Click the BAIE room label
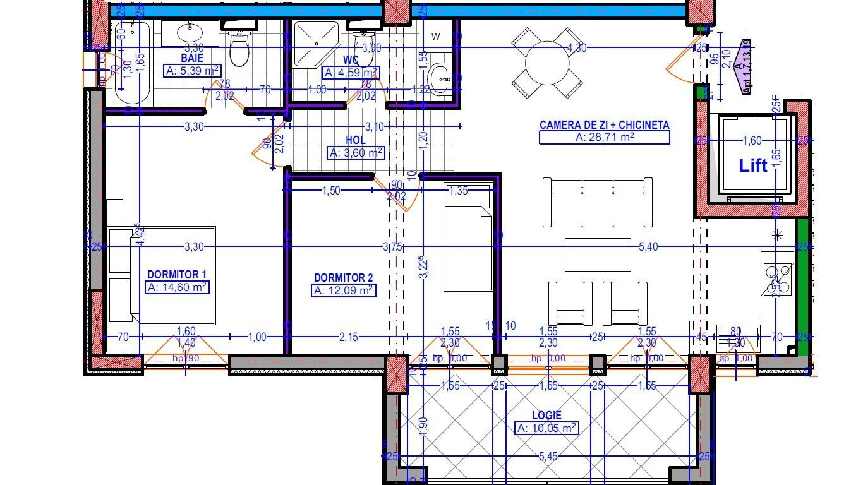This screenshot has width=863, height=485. coord(191,58)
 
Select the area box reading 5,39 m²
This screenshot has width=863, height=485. coord(192,71)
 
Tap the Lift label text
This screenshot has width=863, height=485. coord(753,165)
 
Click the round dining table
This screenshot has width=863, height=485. coord(547,62)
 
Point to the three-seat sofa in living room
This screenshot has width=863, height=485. coord(597,202)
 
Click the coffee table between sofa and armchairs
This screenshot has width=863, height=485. coord(598,254)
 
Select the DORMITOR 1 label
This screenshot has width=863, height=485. coord(177,275)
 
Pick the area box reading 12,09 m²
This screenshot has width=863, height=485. coord(344,290)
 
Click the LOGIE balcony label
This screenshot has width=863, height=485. coord(546,416)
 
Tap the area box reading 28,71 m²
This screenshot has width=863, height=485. coord(604,137)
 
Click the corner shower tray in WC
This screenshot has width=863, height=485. coord(314,43)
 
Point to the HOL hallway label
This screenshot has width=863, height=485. coord(356,140)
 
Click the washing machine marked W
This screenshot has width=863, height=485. coord(437,37)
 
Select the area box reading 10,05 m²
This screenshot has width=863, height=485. coord(546,429)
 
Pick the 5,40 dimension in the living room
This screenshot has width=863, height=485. coord(648,247)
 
